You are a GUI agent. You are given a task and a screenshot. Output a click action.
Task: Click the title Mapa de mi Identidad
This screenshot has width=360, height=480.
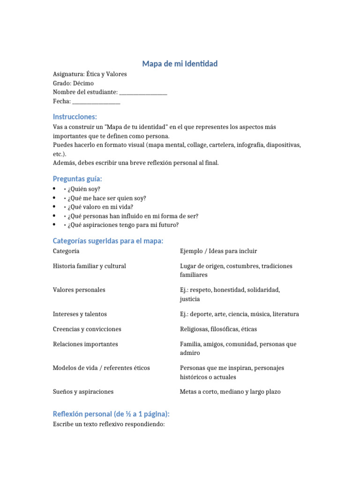180,63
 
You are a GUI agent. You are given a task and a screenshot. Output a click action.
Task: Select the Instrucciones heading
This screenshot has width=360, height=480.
75,116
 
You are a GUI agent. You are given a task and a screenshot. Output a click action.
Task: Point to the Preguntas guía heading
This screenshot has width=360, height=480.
77,179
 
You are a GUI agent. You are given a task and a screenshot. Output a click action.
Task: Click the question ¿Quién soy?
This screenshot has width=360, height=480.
84,189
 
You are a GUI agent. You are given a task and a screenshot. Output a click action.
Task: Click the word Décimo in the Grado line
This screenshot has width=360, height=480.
83,83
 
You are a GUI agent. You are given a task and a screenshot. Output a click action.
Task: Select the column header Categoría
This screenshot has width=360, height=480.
66,251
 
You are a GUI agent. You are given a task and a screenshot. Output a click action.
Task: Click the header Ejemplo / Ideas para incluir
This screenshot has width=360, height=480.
218,251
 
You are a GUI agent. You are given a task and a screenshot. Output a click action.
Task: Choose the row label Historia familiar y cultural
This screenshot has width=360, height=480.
90,266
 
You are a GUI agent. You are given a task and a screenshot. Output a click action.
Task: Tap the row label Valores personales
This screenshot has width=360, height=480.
79,290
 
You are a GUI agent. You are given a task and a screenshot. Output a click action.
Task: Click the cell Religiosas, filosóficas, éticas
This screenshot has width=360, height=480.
218,329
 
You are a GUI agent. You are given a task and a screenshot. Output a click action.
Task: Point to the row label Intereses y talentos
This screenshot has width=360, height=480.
80,314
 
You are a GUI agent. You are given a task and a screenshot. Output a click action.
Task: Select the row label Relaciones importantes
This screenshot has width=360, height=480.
85,344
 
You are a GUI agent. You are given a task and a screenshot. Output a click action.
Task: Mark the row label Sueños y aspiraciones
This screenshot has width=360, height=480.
83,392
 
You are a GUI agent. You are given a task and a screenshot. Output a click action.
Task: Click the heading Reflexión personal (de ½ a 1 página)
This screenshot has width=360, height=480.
111,414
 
